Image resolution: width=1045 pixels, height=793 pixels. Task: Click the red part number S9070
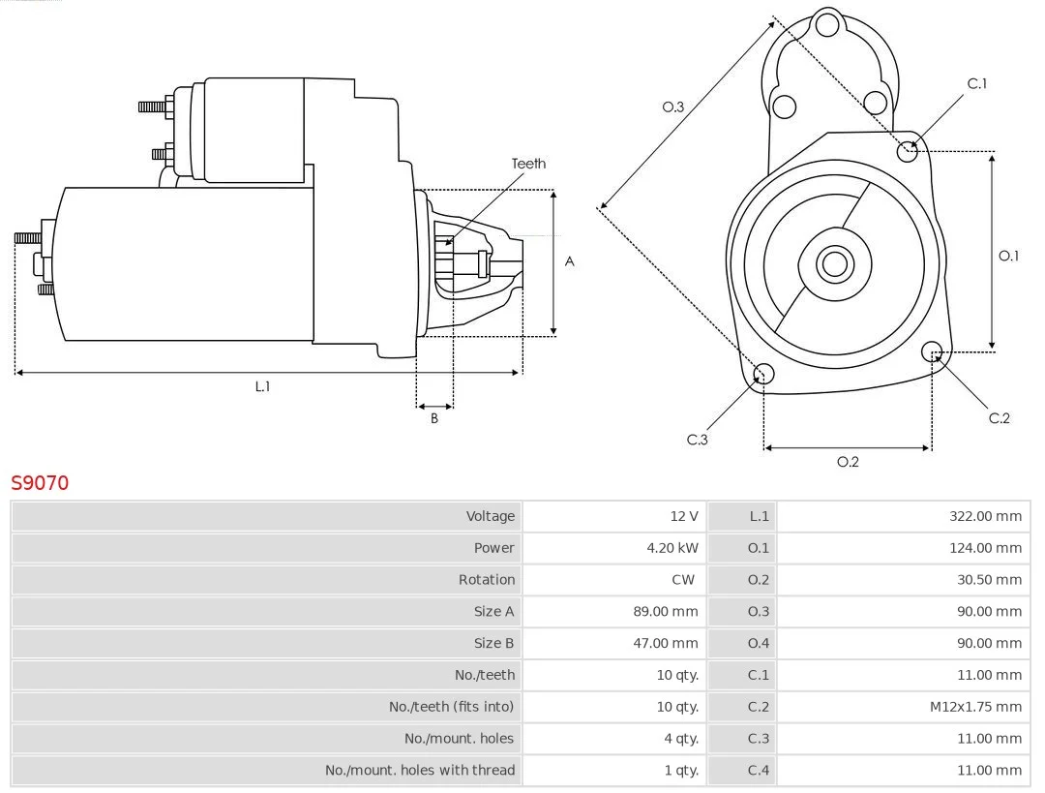point(40,482)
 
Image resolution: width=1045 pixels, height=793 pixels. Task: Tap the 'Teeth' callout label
point(528,164)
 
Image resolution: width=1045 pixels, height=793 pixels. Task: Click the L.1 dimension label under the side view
point(262,386)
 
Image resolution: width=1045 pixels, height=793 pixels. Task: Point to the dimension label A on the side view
point(570,261)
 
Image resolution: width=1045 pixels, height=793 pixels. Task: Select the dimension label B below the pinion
point(434,418)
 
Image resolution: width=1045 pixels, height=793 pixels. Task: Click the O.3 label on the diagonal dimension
point(673,107)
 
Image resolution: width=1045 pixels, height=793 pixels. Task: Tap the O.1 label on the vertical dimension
point(1009,256)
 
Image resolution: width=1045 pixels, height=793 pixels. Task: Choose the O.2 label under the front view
point(848,462)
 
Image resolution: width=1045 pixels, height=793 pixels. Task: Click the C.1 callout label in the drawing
point(977,83)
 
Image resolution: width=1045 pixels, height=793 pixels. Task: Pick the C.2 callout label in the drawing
point(1000,418)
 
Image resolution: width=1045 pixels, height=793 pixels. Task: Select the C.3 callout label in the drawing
point(698,440)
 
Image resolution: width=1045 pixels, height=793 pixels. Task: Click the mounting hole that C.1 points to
point(908,151)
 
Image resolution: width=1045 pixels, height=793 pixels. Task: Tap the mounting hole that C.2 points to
point(932,351)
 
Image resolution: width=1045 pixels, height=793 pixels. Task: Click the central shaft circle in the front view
point(833,263)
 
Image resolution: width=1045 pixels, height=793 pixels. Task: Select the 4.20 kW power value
point(672,548)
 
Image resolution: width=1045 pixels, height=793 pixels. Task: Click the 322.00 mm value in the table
point(985,516)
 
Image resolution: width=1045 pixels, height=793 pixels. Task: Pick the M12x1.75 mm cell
point(975,707)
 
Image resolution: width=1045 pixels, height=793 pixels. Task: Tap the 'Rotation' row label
point(487,580)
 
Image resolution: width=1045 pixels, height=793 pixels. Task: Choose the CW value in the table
point(683,580)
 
